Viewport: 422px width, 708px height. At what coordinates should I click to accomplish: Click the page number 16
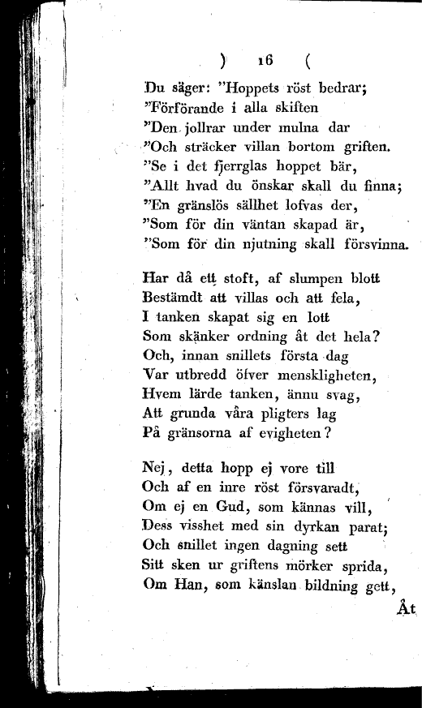pyautogui.click(x=265, y=60)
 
